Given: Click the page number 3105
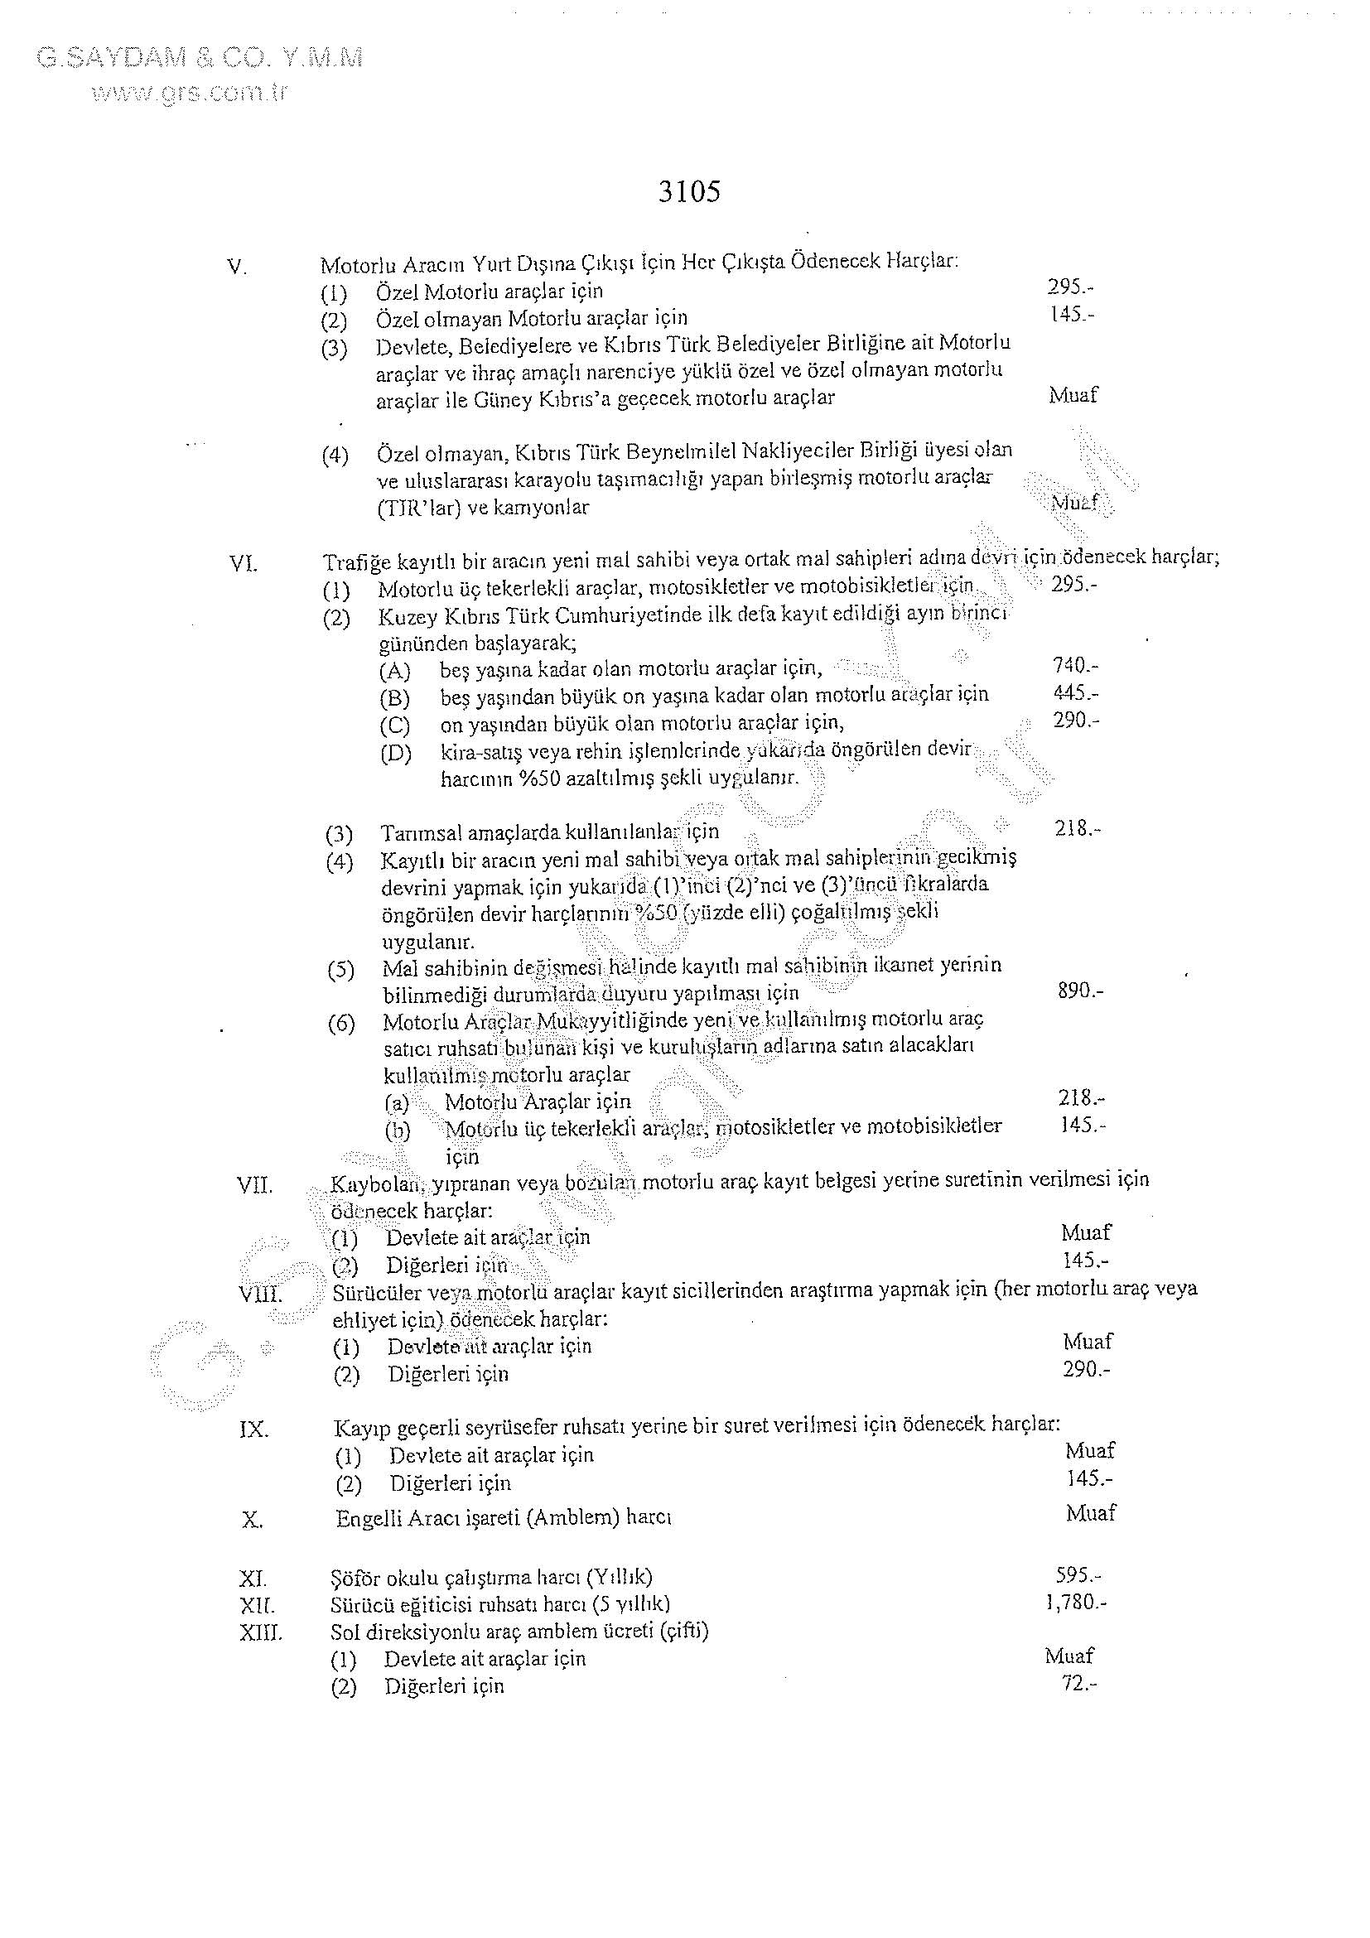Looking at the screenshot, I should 689,192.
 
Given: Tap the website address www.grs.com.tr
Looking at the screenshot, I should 190,92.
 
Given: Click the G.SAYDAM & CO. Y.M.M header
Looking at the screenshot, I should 200,58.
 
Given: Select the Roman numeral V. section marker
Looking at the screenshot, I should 237,268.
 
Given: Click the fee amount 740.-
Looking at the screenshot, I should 1075,666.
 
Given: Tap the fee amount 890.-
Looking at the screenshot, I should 1079,990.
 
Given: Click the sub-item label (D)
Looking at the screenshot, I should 395,753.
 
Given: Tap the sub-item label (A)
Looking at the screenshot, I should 394,671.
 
